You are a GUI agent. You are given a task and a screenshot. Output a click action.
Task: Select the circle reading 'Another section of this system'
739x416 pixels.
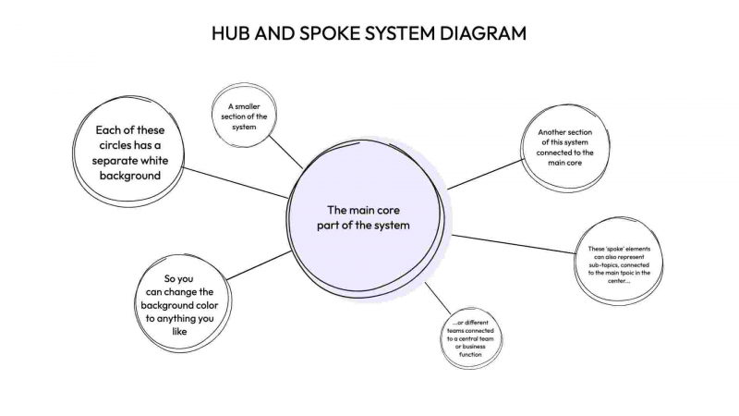564,148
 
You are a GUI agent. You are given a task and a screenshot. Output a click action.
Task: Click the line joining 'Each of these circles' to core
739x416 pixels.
236,183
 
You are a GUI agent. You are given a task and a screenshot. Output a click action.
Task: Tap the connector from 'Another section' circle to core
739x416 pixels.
485,174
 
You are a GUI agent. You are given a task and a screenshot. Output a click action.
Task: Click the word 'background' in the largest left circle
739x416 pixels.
130,175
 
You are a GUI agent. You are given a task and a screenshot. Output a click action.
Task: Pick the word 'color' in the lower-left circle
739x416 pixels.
214,304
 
